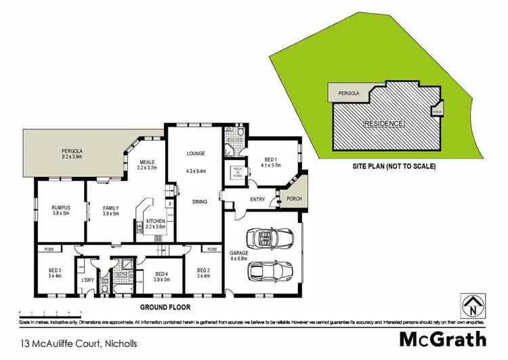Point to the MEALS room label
pyautogui.click(x=148, y=162)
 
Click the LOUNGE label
pyautogui.click(x=196, y=154)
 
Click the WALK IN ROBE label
pyautogui.click(x=238, y=172)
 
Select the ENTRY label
pyautogui.click(x=257, y=199)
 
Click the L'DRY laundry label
pyautogui.click(x=87, y=280)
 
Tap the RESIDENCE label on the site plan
pyautogui.click(x=384, y=123)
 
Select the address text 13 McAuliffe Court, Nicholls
pyautogui.click(x=79, y=344)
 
